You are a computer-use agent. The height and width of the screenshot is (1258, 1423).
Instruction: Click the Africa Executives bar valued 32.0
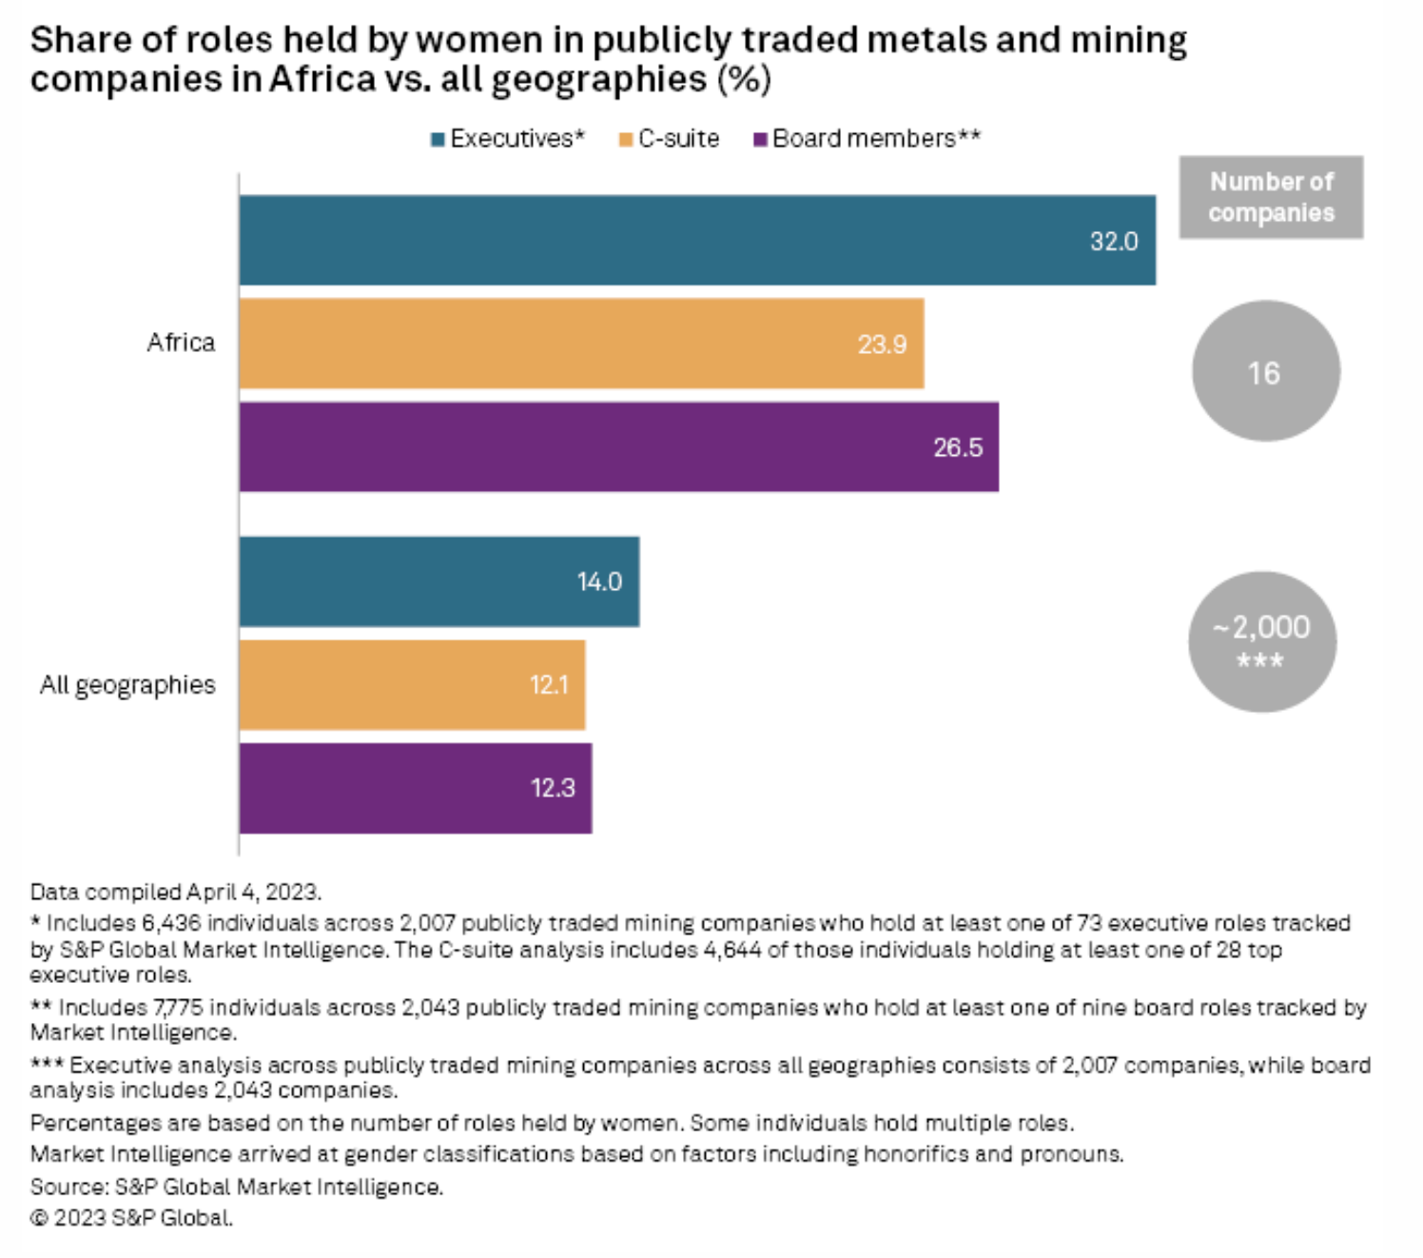pyautogui.click(x=697, y=240)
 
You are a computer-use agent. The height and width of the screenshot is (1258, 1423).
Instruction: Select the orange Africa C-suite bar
pyautogui.click(x=581, y=344)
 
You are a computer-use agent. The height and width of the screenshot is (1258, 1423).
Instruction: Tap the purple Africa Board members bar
pyautogui.click(x=618, y=446)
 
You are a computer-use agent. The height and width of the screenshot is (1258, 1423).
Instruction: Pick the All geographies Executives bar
pyautogui.click(x=439, y=581)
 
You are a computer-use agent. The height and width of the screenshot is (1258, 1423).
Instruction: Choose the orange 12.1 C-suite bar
pyautogui.click(x=412, y=684)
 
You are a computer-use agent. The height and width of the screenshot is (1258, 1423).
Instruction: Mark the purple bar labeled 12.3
pyautogui.click(x=415, y=788)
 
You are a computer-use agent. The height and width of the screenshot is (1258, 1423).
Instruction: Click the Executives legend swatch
pyautogui.click(x=438, y=139)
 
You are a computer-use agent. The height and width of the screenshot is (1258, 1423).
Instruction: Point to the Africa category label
pyautogui.click(x=181, y=343)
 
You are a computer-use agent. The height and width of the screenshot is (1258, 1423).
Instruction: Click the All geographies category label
pyautogui.click(x=127, y=684)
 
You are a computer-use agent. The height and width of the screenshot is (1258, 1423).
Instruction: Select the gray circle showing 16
pyautogui.click(x=1265, y=371)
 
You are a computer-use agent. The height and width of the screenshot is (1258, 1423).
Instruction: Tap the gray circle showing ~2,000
pyautogui.click(x=1261, y=641)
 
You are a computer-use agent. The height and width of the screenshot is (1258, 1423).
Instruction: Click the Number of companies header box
pyautogui.click(x=1271, y=197)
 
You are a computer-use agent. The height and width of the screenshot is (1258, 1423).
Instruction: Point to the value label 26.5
pyautogui.click(x=957, y=447)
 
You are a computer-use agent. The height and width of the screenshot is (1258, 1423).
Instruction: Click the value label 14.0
pyautogui.click(x=599, y=581)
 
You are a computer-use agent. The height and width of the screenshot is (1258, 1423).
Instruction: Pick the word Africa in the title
pyautogui.click(x=322, y=79)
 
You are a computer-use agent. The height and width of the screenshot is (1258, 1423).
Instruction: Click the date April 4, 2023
pyautogui.click(x=253, y=892)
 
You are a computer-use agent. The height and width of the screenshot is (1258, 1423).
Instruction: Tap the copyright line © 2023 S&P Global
pyautogui.click(x=131, y=1218)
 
